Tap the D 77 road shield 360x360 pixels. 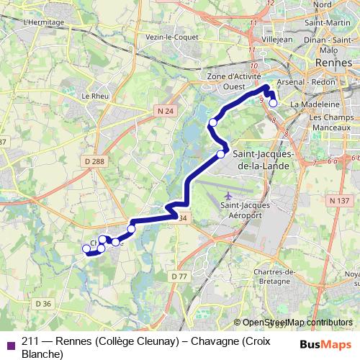(179, 276)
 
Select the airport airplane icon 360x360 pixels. (229, 196)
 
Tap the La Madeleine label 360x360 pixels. (310, 104)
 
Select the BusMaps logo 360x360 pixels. (326, 343)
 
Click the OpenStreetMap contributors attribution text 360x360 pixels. (297, 323)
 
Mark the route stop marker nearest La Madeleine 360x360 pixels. (273, 103)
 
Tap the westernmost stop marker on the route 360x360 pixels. (87, 249)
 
